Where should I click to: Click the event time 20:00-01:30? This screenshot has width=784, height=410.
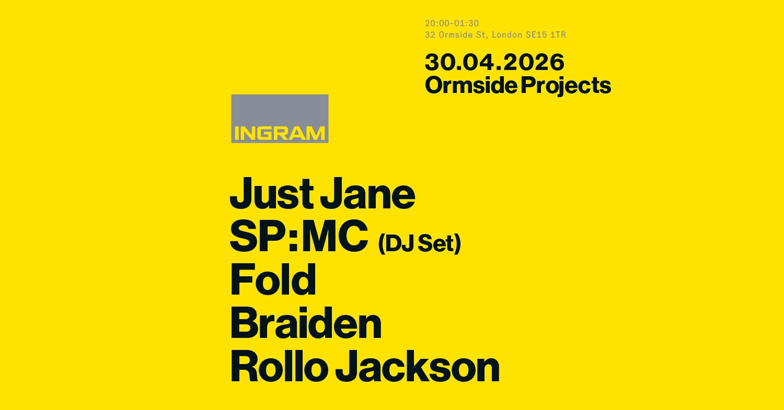(452, 24)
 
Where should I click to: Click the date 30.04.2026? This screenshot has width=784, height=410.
(494, 62)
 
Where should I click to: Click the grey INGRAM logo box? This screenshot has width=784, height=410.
(280, 118)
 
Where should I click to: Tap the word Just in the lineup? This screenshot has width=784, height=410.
(271, 194)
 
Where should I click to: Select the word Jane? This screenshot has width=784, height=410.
(367, 194)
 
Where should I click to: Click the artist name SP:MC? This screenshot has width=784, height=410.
(298, 237)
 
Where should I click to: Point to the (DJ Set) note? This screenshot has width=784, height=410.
(419, 244)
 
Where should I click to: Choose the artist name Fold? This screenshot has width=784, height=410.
(273, 280)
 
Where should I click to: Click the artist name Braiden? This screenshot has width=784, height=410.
(305, 324)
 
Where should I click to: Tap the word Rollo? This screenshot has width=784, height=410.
(278, 367)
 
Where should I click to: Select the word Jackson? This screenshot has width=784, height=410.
(417, 367)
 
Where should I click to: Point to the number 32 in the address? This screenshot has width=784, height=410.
(430, 35)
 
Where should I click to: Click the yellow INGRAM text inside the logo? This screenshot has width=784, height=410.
(280, 134)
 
